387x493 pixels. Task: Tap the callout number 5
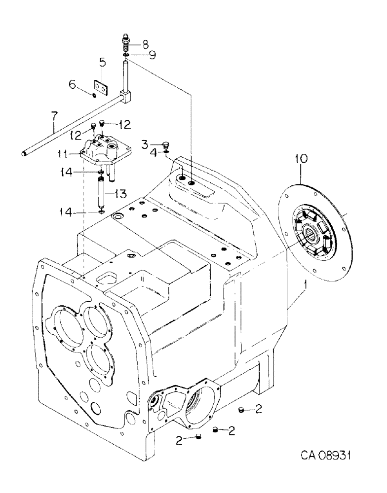[102, 62]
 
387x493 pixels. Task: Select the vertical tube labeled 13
[101, 193]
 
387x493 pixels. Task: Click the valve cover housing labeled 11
[102, 147]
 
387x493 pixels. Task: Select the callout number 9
[153, 55]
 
